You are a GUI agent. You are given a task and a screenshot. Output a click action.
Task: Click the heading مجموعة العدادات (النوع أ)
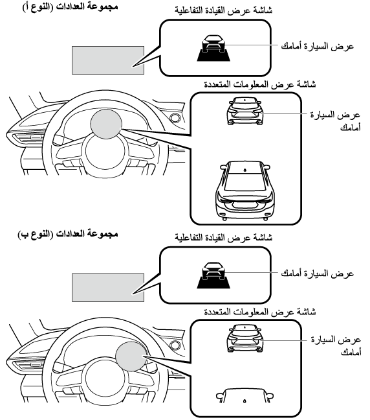pyautogui.click(x=70, y=6)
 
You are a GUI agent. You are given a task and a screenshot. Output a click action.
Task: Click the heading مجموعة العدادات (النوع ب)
pyautogui.click(x=68, y=233)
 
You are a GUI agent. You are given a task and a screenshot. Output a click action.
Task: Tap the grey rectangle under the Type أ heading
pyautogui.click(x=108, y=60)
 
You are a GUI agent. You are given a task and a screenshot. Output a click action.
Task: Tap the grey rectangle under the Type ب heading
pyautogui.click(x=108, y=288)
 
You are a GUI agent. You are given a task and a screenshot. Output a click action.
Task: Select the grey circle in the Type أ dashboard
pyautogui.click(x=106, y=124)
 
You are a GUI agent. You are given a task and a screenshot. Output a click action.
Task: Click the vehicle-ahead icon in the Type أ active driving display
pyautogui.click(x=213, y=48)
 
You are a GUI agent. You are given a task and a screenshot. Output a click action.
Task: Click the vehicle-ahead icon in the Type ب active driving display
pyautogui.click(x=213, y=275)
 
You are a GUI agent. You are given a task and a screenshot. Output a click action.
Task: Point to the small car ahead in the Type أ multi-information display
pyautogui.click(x=245, y=111)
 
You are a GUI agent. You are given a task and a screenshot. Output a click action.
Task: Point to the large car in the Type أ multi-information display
pyautogui.click(x=245, y=191)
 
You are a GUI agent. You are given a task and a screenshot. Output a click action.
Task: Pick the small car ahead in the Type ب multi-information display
pyautogui.click(x=245, y=338)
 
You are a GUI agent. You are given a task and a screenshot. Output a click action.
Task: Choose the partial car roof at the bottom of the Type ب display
pyautogui.click(x=245, y=395)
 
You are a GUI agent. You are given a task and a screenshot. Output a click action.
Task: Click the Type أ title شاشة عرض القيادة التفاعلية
pyautogui.click(x=224, y=10)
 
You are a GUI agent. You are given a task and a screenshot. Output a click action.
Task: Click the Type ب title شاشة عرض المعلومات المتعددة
pyautogui.click(x=260, y=312)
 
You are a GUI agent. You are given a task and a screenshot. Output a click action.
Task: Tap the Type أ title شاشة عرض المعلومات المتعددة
pyautogui.click(x=260, y=84)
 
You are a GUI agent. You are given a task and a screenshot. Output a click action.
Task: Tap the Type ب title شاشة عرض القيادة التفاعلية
pyautogui.click(x=224, y=237)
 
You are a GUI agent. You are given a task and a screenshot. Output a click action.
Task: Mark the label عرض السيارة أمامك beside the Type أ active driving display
pyautogui.click(x=318, y=46)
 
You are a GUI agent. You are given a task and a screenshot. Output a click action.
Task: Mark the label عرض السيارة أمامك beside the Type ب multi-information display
pyautogui.click(x=336, y=345)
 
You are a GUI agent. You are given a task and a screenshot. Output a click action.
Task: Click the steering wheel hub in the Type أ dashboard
pyautogui.click(x=105, y=150)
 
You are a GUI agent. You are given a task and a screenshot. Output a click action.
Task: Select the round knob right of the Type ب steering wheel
pyautogui.click(x=175, y=345)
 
